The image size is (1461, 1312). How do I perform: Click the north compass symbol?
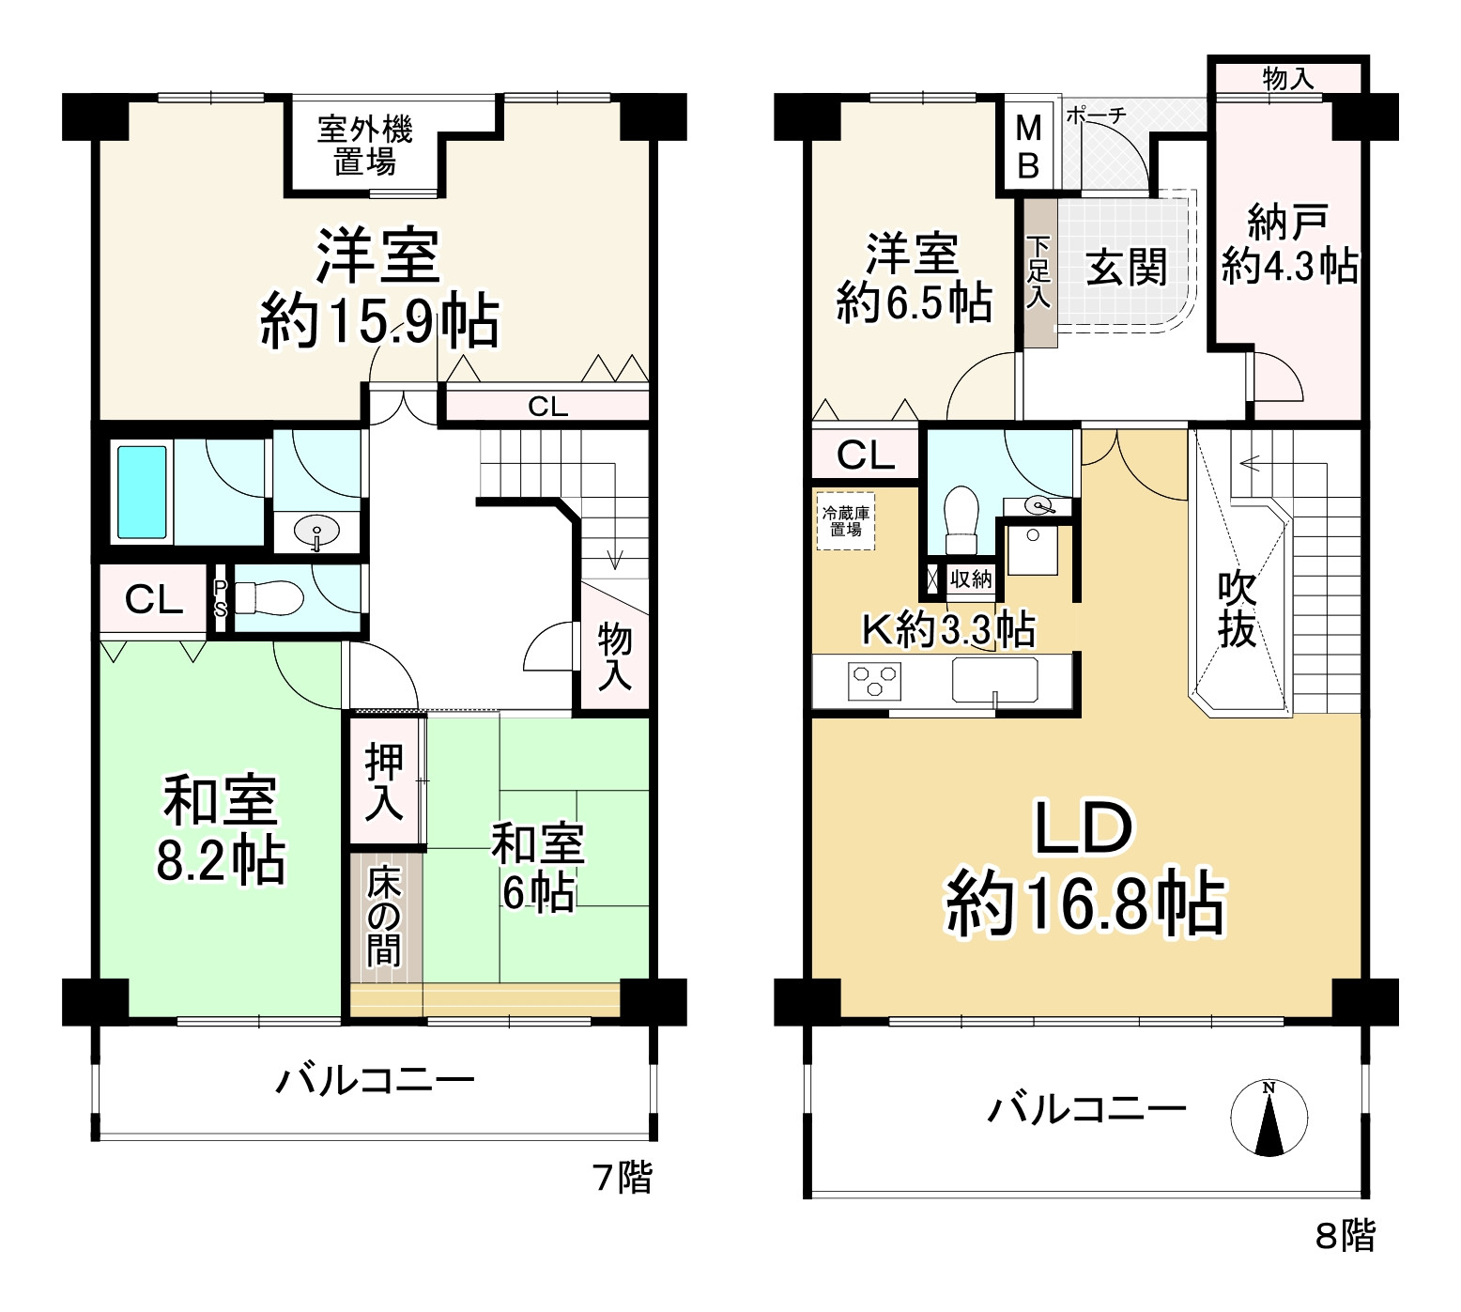pyautogui.click(x=1269, y=1118)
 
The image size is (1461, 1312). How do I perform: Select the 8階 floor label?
pyautogui.click(x=1346, y=1235)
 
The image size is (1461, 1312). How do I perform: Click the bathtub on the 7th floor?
pyautogui.click(x=143, y=492)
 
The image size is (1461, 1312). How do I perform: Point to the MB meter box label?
pyautogui.click(x=1029, y=147)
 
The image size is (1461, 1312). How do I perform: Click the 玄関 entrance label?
pyautogui.click(x=1127, y=269)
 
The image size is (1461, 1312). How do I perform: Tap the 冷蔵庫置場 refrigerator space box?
pyautogui.click(x=845, y=521)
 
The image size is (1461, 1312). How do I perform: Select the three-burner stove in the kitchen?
pyautogui.click(x=874, y=680)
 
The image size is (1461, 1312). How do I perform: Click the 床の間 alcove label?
pyautogui.click(x=383, y=916)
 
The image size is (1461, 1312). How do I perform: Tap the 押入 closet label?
pyautogui.click(x=384, y=781)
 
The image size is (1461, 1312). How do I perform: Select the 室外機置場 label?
pyautogui.click(x=365, y=146)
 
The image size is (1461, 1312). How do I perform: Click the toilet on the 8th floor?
pyautogui.click(x=961, y=518)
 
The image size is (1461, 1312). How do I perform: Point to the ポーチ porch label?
pyautogui.click(x=1096, y=116)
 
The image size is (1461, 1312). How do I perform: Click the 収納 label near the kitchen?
pyautogui.click(x=971, y=579)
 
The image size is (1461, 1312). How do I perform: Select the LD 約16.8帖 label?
pyautogui.click(x=1084, y=867)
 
